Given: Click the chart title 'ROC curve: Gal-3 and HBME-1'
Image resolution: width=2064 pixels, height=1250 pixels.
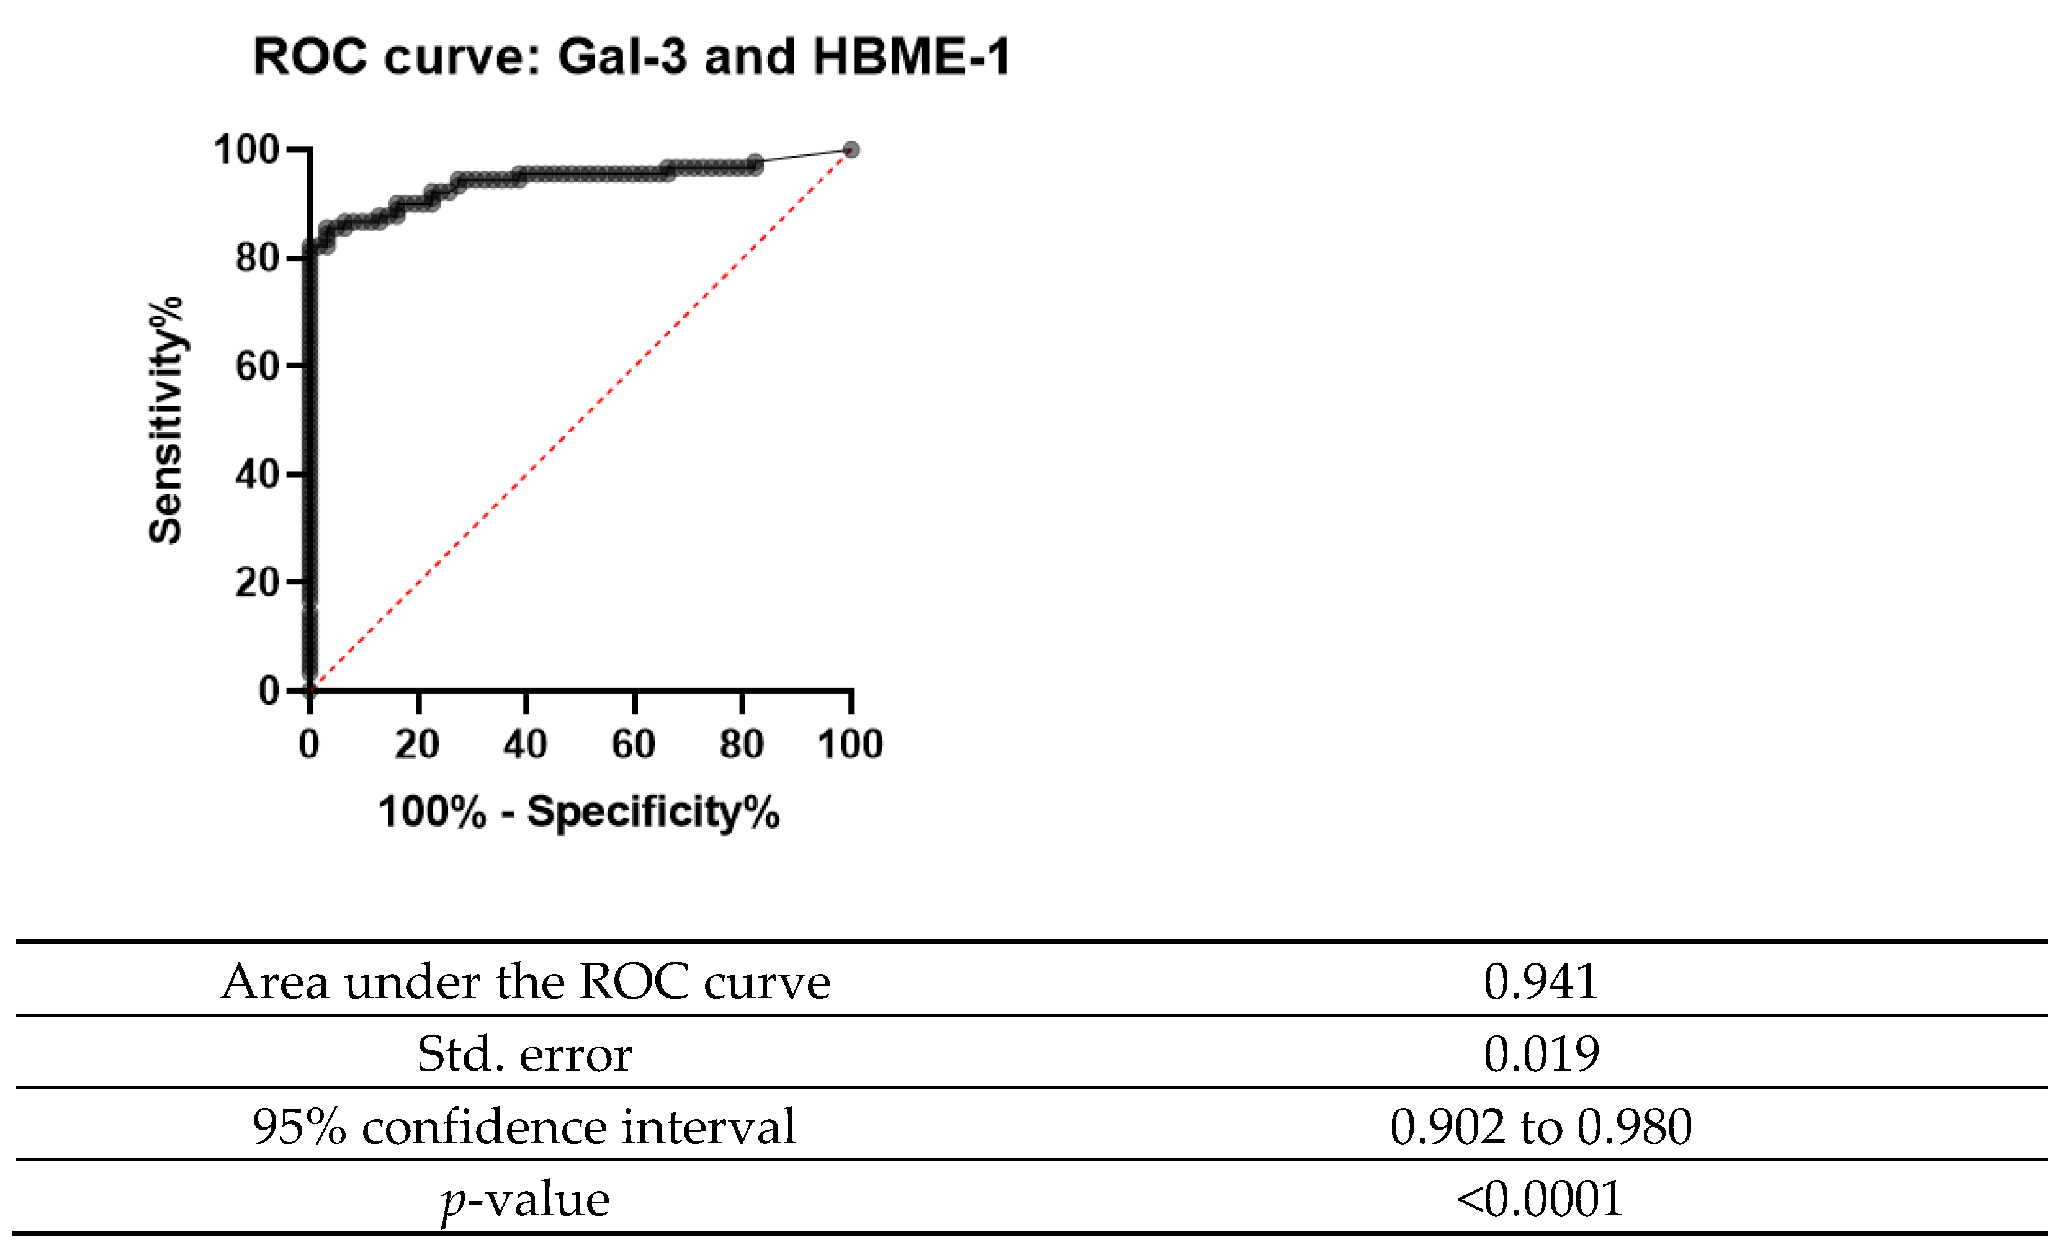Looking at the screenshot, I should [x=632, y=57].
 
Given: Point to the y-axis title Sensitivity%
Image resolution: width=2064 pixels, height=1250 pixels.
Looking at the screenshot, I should [x=166, y=421].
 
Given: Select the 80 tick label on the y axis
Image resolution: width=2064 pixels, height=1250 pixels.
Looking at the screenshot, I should [x=257, y=258].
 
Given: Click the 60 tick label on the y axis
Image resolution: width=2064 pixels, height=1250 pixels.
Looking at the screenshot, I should [x=257, y=366].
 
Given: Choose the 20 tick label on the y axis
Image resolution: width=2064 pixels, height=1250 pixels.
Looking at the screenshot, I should [x=257, y=582].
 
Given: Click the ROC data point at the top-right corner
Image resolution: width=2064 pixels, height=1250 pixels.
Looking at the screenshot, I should [x=851, y=150].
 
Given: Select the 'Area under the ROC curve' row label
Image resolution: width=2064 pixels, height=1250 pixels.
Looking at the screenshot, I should [x=525, y=981].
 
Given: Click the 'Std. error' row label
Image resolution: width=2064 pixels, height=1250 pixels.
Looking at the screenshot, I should [x=525, y=1053].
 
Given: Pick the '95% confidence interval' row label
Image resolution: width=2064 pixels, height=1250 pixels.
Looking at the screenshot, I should [x=525, y=1126].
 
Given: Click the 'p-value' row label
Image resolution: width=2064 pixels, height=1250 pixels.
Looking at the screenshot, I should [x=525, y=1199].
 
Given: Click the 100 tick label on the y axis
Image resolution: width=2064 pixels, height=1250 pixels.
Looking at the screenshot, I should [x=246, y=150].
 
